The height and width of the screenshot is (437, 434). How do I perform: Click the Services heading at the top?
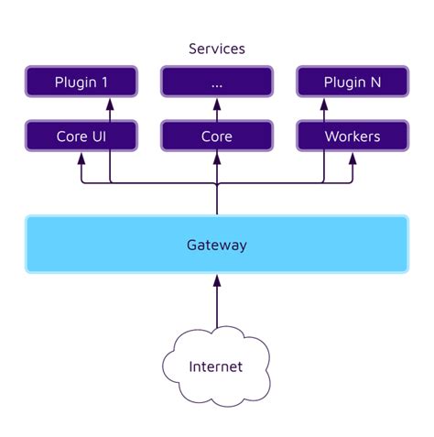coord(217,48)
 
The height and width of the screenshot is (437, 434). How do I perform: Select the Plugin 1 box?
coord(81,82)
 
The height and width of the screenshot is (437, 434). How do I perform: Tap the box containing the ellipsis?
coord(217,82)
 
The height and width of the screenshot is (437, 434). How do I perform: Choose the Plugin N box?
coord(353,82)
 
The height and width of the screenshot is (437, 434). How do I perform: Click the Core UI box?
coord(81,137)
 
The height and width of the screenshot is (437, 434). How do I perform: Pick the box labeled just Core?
coord(217,137)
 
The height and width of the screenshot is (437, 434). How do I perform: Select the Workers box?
coord(353,137)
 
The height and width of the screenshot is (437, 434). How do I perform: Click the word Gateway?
coord(217,245)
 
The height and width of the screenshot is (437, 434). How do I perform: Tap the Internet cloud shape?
coord(216,366)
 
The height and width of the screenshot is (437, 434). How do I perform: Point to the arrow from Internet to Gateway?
coord(217,307)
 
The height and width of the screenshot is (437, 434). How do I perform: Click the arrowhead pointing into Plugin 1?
coord(110,103)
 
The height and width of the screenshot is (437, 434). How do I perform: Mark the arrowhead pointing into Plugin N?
coord(325,103)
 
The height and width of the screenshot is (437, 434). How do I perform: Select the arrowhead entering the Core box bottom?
coord(217,157)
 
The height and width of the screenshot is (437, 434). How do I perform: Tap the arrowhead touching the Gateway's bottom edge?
coord(217,279)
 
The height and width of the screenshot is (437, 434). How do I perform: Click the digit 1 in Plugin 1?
coord(103,82)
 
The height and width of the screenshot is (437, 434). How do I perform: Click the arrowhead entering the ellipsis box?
coord(217,103)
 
